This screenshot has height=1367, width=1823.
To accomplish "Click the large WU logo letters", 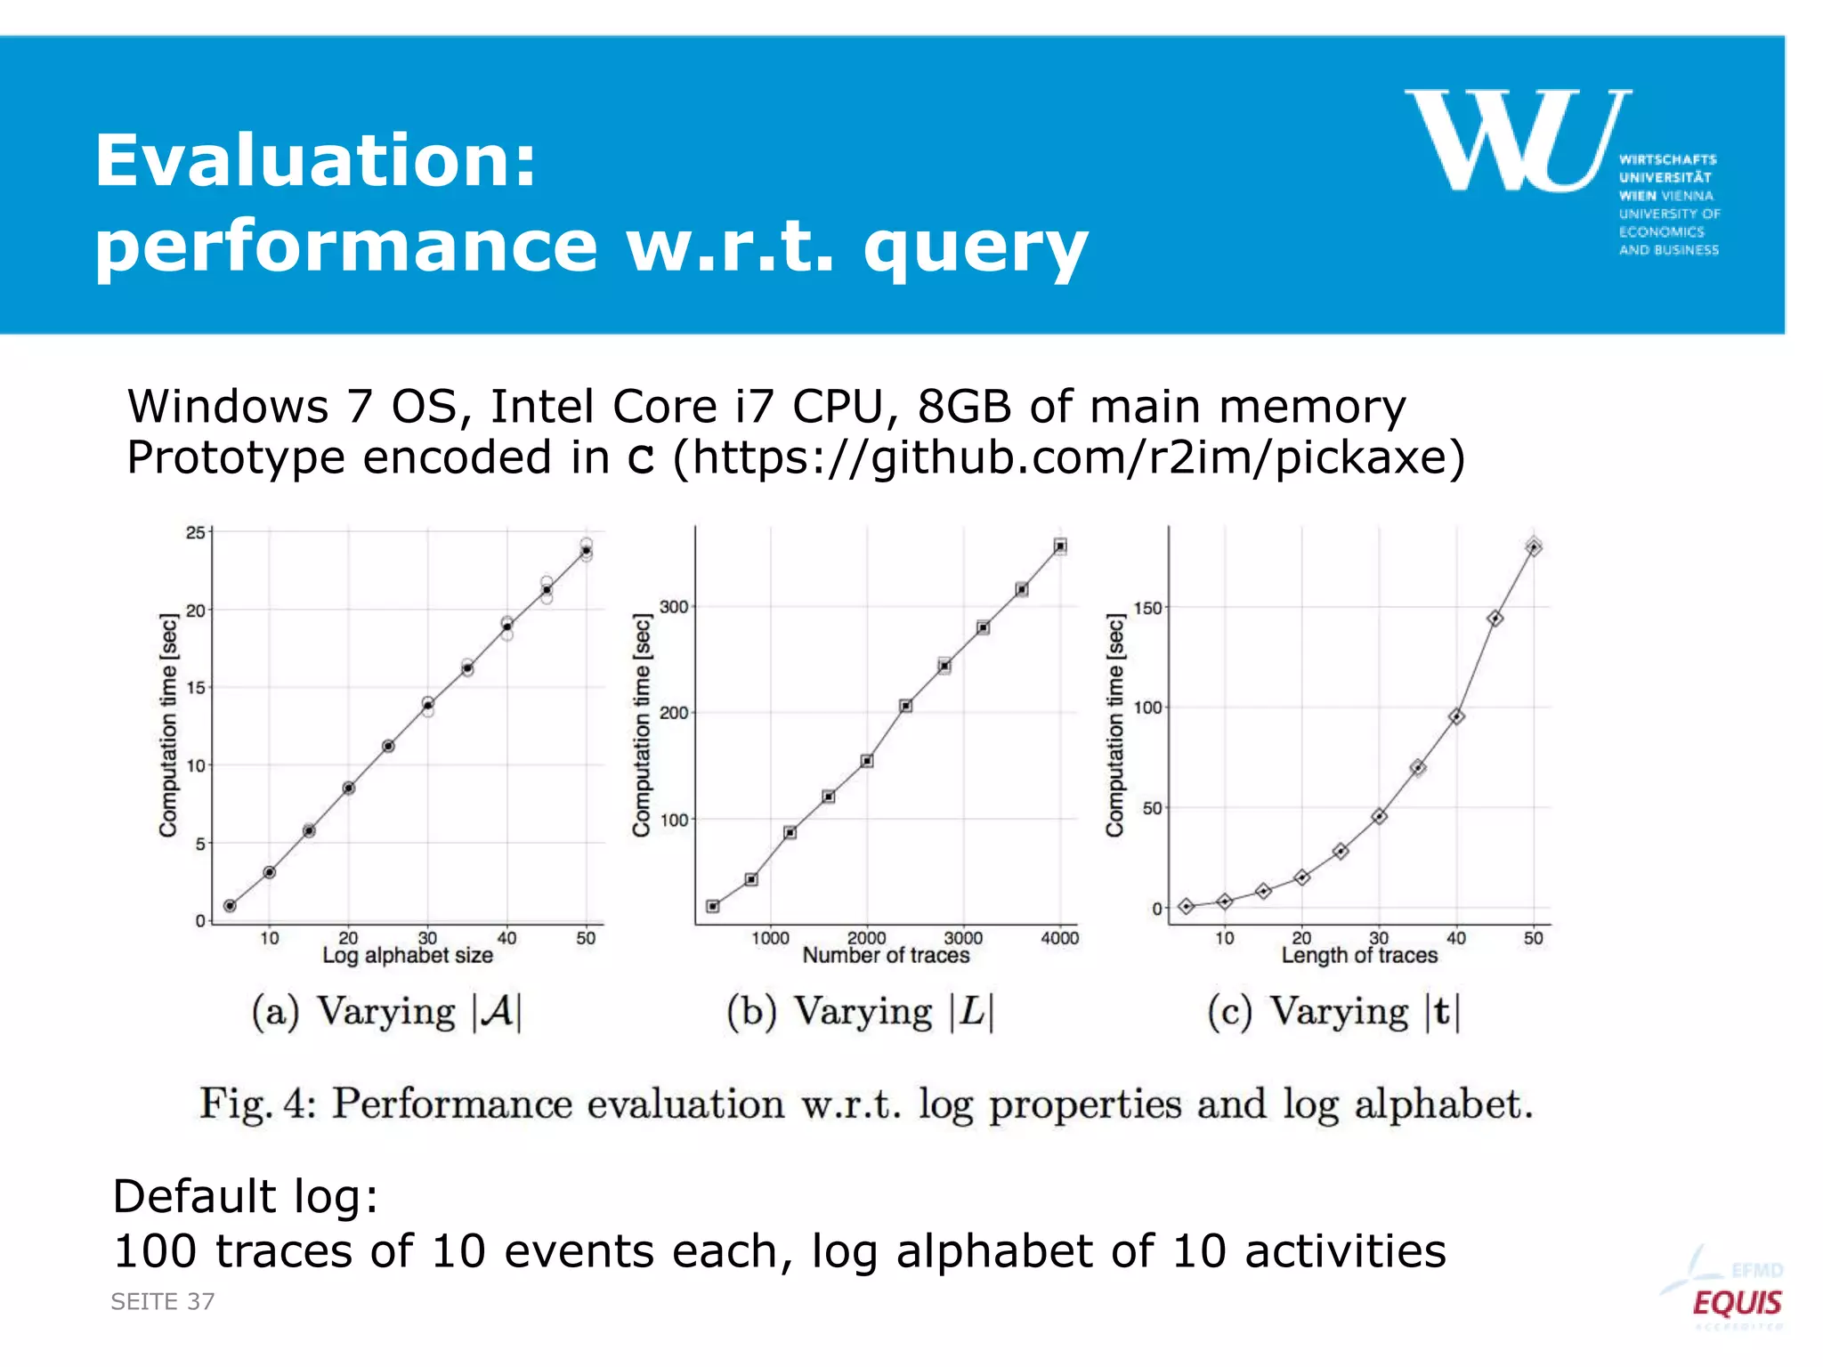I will coord(1518,140).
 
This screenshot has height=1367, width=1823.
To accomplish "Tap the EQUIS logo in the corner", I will coord(1736,1303).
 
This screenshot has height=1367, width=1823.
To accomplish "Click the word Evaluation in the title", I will coord(316,161).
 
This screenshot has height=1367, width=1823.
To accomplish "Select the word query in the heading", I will coord(976,248).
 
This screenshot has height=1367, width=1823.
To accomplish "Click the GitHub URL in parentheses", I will coord(1069,458).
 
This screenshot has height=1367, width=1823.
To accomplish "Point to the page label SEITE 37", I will coord(163,1302).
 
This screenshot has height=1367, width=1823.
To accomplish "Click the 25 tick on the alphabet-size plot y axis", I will coord(195,533).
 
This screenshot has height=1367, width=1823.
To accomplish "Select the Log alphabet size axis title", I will coord(408,956).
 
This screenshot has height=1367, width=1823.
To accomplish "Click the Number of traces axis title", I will coord(886,956).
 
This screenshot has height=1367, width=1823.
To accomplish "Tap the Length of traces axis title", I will coord(1359,956).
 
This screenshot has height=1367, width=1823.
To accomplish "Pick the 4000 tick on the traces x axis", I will coord(1059,938).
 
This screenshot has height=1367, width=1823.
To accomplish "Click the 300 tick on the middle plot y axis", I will coord(674,607).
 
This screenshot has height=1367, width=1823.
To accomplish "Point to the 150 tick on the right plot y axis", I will coord(1147,609).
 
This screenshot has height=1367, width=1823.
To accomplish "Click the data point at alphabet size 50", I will coord(586,551).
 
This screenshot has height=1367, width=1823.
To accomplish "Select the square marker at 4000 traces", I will coord(1060,546).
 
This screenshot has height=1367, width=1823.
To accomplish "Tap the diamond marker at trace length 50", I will coord(1534,547).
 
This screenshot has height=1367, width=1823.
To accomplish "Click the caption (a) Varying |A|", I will coord(386,1013).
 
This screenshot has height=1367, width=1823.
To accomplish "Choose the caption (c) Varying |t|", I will coord(1333,1013).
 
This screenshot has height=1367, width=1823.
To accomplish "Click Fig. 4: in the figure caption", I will coord(257,1104).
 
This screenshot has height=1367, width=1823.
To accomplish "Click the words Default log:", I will coord(246,1196).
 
